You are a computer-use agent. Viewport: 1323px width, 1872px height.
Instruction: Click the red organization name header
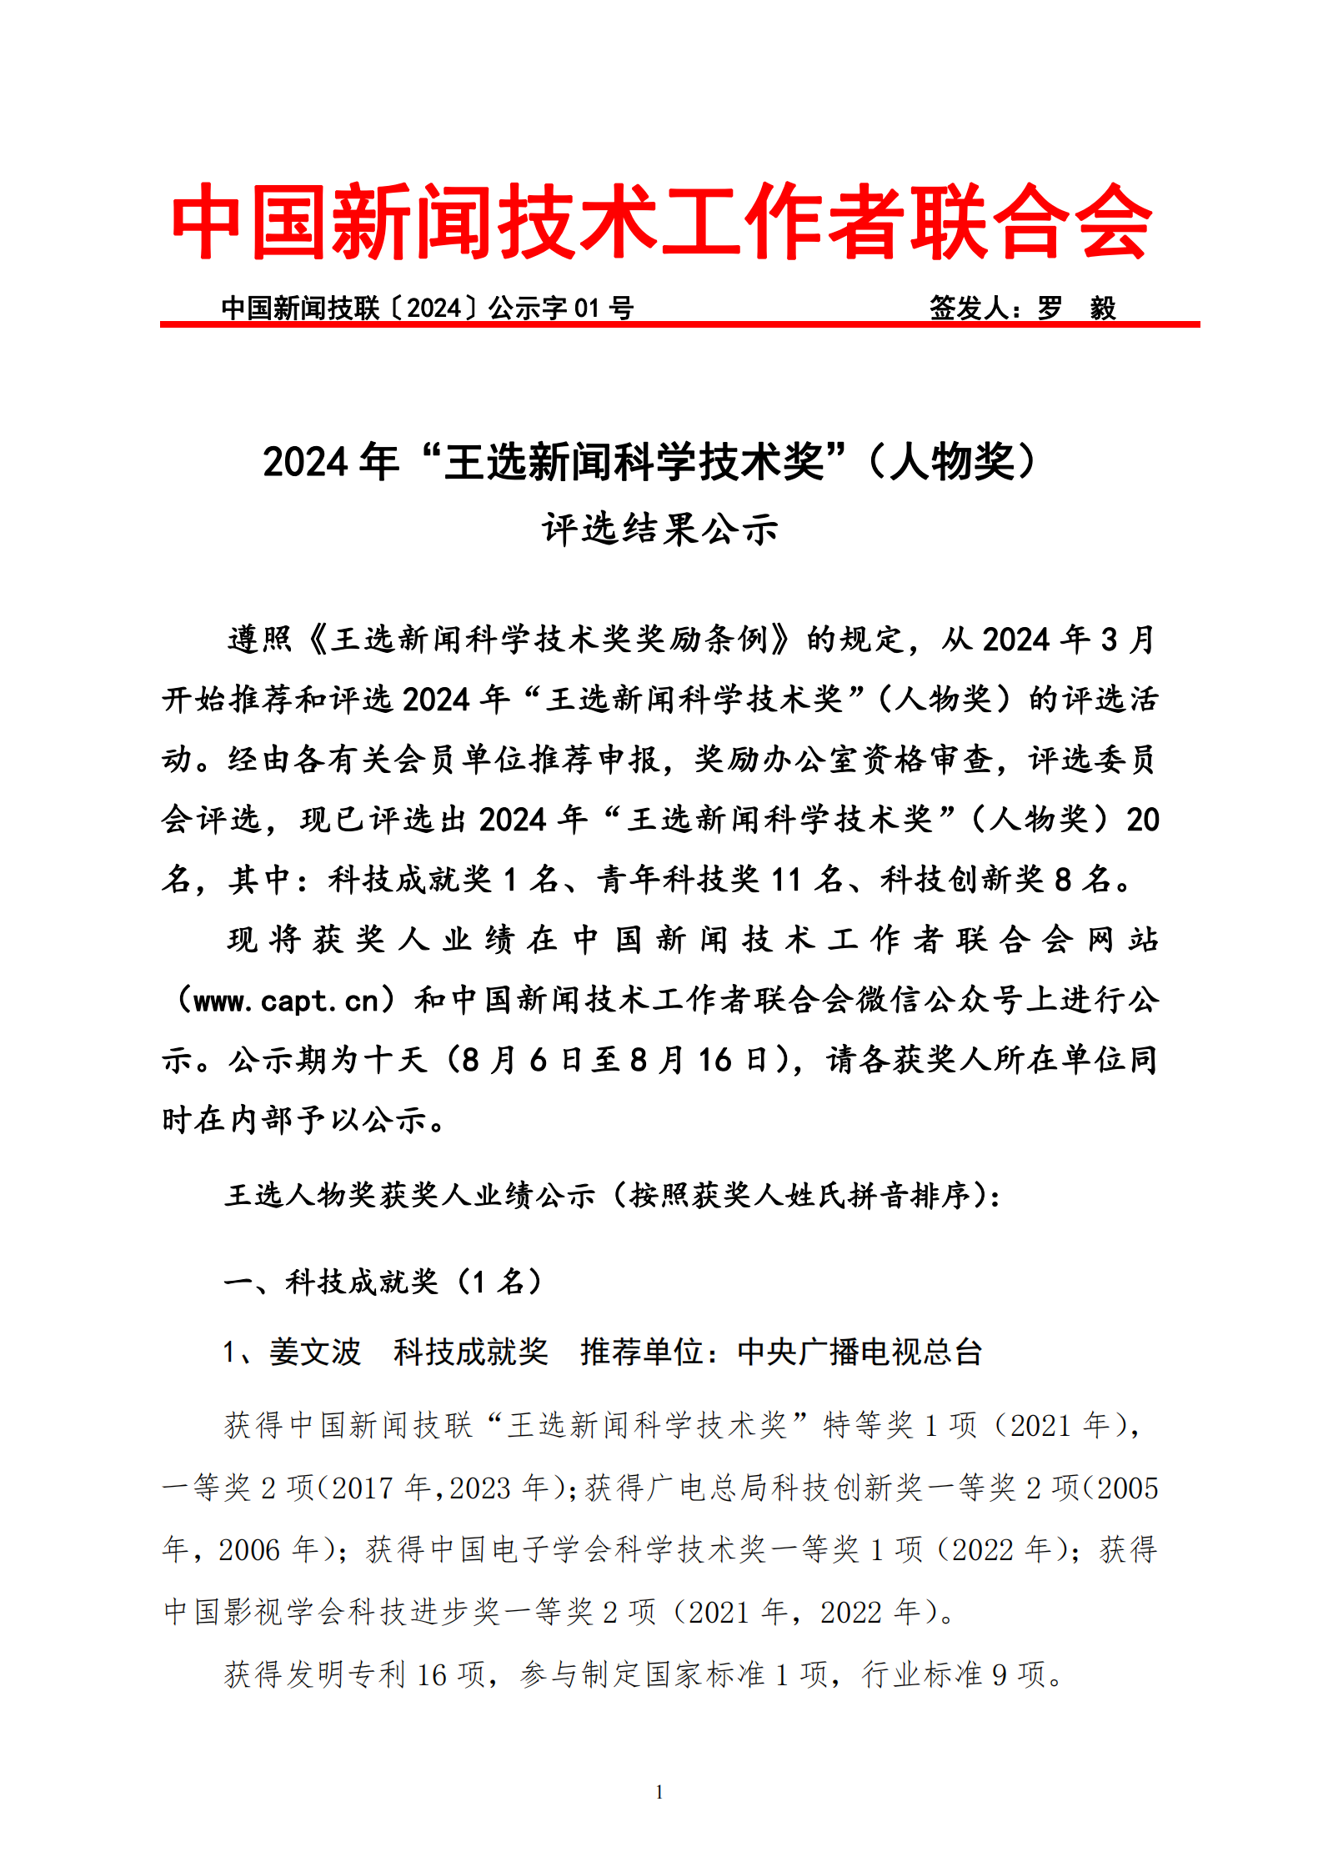coord(661,221)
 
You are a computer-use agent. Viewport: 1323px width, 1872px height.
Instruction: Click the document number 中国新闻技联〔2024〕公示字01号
coord(427,309)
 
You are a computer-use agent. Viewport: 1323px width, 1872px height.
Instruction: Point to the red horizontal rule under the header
coord(679,324)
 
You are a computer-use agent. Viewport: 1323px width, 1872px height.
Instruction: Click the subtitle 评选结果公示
coord(660,529)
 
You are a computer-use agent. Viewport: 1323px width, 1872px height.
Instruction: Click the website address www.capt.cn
coord(286,1000)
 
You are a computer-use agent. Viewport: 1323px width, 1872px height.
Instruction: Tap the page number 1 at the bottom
coord(659,1791)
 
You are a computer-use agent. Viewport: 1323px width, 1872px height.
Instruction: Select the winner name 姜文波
coord(314,1352)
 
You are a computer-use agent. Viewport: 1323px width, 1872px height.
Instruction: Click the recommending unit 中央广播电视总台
coord(859,1352)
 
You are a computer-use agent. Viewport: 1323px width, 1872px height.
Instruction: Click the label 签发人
coord(970,309)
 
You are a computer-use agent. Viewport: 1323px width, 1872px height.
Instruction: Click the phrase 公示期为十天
coord(327,1060)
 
